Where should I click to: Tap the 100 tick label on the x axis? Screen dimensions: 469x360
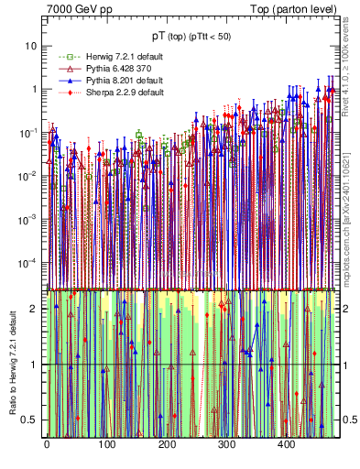click(106, 444)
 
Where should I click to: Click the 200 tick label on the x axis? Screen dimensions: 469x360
click(167, 444)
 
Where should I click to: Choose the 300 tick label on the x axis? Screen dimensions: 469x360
click(226, 444)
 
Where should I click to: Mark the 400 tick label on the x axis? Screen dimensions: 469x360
click(287, 444)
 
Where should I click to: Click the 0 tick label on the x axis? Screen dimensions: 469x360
click(47, 444)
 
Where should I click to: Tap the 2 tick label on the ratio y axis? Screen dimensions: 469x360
click(34, 309)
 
